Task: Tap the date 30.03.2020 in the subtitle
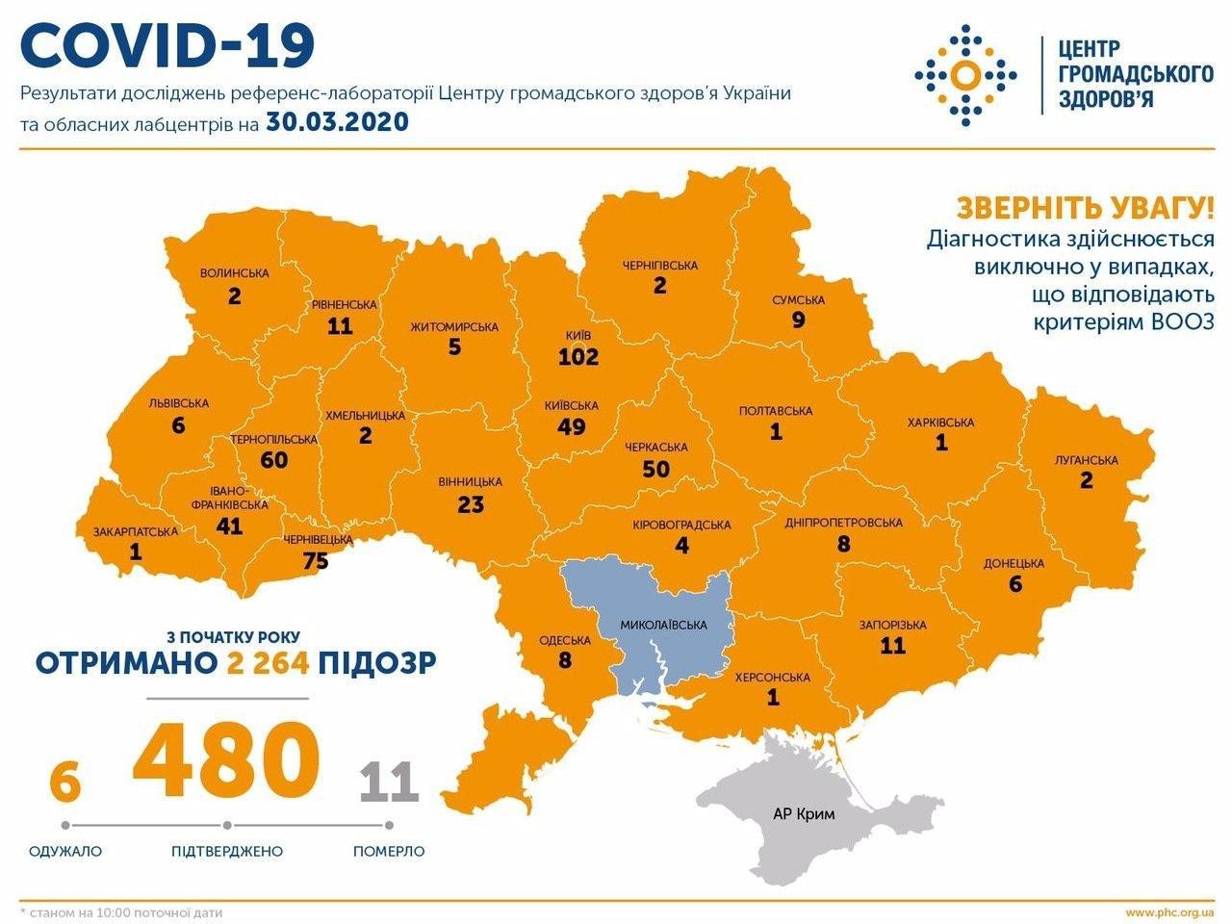334,122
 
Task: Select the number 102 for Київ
578,357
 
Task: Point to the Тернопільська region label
273,439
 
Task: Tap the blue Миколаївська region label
663,624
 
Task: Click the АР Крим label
804,813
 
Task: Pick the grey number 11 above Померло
389,782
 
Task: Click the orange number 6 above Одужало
64,782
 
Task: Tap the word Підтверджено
227,851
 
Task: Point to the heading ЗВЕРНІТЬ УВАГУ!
1085,207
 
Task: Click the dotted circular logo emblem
965,74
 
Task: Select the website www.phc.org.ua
1169,911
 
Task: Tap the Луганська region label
1087,460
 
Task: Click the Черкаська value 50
655,469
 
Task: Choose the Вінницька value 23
470,503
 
